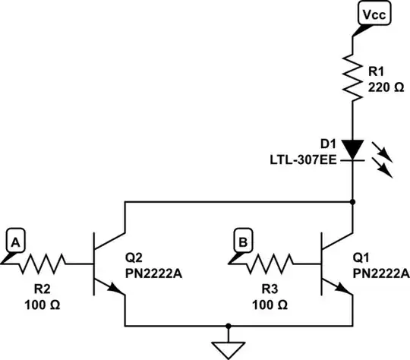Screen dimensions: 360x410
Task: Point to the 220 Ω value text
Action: coord(386,87)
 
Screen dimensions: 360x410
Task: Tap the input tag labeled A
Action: coord(15,242)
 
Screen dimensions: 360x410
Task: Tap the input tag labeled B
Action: coord(241,242)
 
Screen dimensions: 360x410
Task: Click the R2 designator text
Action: coord(43,289)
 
